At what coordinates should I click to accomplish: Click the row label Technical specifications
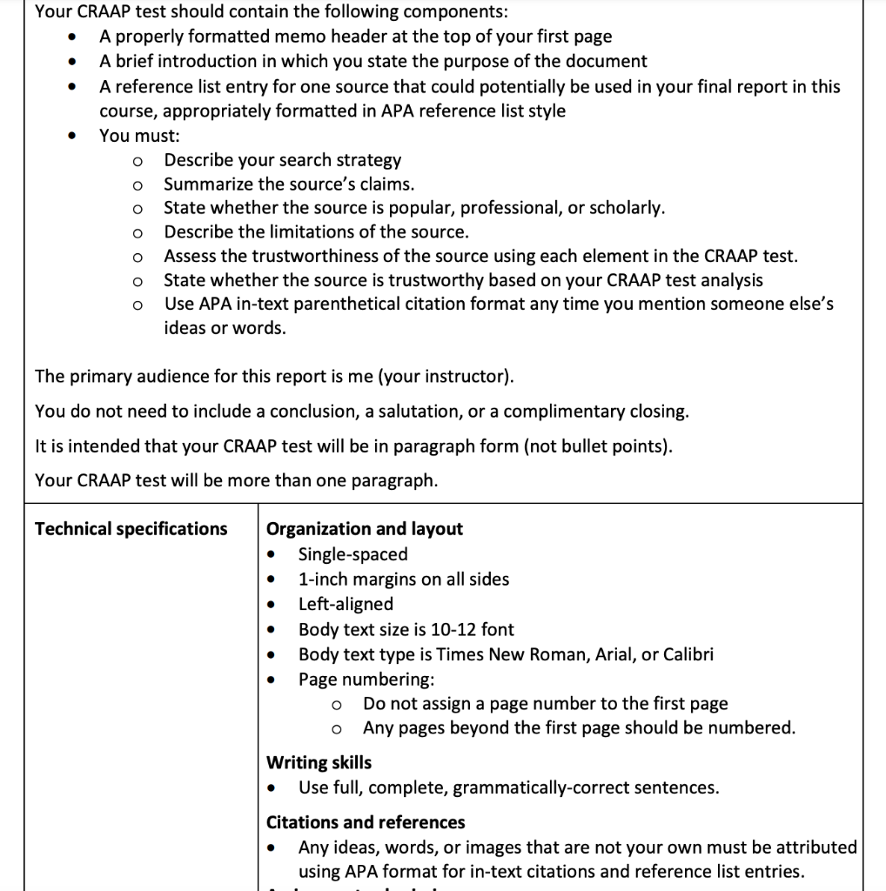131,529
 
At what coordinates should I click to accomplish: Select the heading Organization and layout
364,529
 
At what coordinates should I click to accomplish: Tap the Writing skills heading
319,763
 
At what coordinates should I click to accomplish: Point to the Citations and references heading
366,823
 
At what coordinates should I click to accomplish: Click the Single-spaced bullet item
352,554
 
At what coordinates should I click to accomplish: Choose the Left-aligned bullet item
346,604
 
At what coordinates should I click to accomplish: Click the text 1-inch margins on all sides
403,579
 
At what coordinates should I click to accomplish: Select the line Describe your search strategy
283,160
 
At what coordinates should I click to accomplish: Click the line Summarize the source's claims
289,184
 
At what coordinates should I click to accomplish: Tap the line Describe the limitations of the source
316,232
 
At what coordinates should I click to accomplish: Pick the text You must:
139,136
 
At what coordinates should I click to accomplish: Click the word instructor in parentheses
471,377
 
